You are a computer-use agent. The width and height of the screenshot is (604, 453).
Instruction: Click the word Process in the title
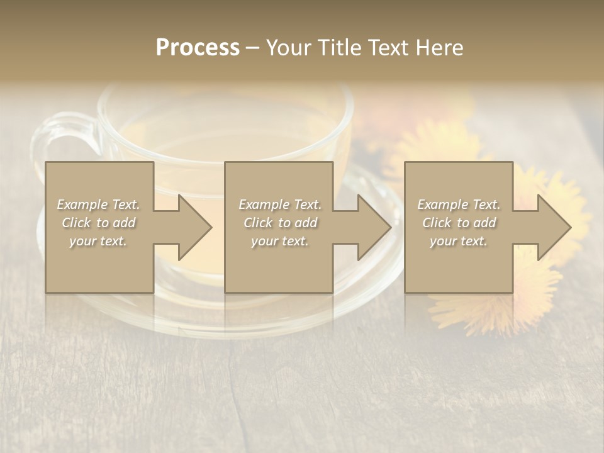point(198,48)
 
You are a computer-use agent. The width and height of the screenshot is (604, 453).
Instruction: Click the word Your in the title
point(288,48)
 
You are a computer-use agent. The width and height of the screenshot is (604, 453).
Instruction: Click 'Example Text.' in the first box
point(99,204)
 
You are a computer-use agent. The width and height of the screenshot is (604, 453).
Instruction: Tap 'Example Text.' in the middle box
point(280,204)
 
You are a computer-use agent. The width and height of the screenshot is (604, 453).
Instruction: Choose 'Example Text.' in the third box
point(459,204)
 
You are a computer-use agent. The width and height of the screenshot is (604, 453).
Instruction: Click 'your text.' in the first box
point(99,241)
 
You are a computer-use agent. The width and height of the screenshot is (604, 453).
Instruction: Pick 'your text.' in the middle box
point(280,241)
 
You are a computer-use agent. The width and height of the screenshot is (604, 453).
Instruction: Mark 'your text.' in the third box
point(459,241)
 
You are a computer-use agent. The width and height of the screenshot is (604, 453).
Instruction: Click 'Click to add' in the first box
point(99,223)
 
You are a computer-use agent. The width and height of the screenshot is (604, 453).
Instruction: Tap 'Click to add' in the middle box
point(280,223)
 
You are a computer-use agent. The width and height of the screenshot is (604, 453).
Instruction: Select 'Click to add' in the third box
point(459,223)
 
